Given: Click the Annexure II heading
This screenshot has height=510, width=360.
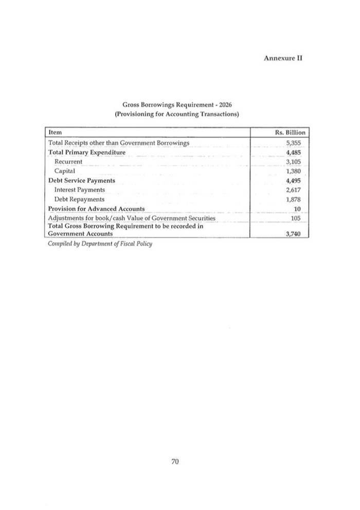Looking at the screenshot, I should click(x=282, y=58).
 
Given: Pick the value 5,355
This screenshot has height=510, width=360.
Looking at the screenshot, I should click(x=293, y=142).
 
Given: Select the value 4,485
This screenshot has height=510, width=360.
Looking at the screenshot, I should click(x=293, y=153).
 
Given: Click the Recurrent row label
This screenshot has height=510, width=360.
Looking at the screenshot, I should click(x=68, y=161).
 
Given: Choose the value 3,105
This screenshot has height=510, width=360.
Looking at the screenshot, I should click(x=293, y=161).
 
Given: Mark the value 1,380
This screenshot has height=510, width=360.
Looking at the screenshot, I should click(x=293, y=171).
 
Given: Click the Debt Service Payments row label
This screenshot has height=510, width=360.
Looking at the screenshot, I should click(x=81, y=180).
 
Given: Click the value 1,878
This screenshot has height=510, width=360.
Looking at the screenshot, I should click(x=293, y=199).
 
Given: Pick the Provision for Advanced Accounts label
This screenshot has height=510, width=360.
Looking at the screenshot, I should click(x=96, y=208).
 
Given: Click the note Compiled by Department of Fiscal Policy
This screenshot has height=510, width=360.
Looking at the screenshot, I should click(x=100, y=243).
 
